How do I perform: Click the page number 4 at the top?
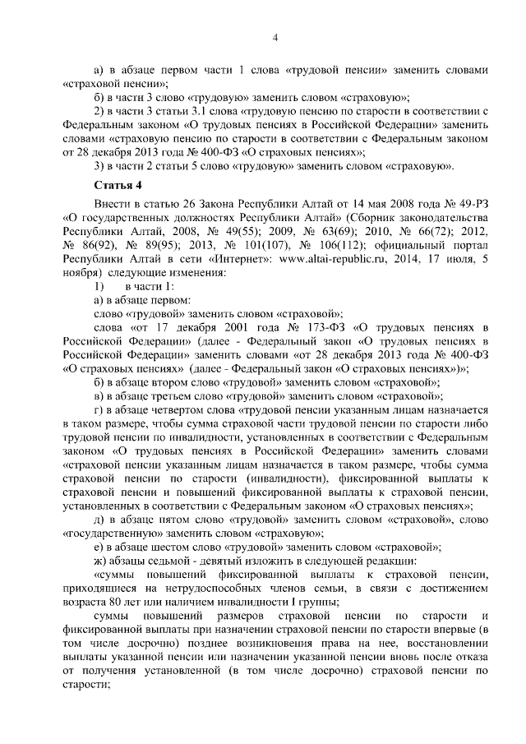(276, 37)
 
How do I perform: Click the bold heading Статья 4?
(118, 185)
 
